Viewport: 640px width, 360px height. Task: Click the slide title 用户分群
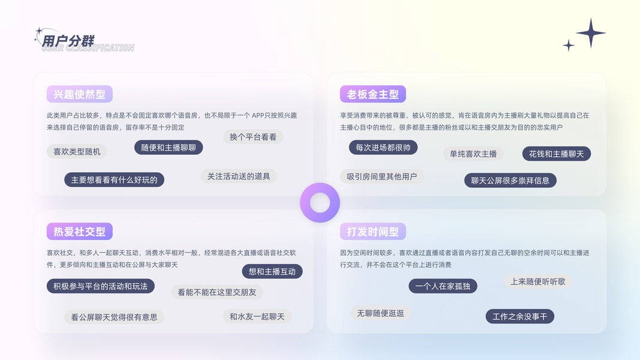point(68,41)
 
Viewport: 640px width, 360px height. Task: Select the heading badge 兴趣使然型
point(79,94)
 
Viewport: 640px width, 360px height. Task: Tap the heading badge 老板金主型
point(372,94)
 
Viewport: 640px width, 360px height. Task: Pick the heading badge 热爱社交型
point(79,232)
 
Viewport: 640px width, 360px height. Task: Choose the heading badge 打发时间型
point(372,232)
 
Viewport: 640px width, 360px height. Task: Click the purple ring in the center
point(320,203)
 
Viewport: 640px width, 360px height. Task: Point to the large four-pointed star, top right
point(591,33)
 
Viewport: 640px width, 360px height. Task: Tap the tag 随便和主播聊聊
point(169,148)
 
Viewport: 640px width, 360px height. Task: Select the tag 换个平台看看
point(253,137)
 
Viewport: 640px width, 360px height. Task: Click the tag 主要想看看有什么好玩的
point(114,179)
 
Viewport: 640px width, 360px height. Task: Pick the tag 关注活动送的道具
point(239,176)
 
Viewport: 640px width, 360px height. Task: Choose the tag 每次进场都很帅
point(383,148)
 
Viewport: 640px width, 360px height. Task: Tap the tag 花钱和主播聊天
point(557,154)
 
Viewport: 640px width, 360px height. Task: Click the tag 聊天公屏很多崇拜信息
point(510,180)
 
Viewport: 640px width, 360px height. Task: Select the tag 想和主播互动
point(272,271)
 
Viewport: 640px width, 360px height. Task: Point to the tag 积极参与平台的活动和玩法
point(100,286)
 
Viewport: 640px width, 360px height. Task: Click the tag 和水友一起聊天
point(257,316)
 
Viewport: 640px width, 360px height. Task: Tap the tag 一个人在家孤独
point(443,286)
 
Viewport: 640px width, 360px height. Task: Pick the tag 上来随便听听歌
point(537,281)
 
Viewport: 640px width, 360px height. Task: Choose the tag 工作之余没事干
point(519,316)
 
